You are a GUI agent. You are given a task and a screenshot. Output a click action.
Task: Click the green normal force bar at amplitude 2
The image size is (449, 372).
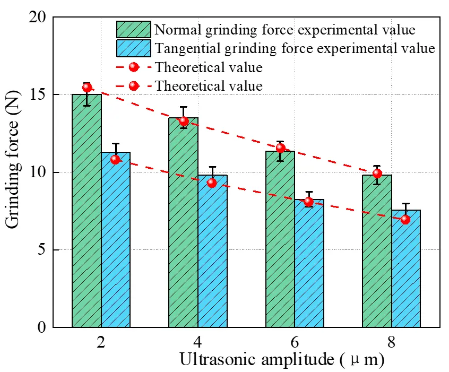click(x=87, y=212)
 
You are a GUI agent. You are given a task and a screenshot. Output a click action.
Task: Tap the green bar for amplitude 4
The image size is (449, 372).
click(x=183, y=223)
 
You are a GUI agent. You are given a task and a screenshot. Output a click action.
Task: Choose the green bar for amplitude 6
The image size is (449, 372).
click(x=280, y=239)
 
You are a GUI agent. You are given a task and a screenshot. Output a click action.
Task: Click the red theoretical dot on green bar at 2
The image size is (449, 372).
click(x=87, y=88)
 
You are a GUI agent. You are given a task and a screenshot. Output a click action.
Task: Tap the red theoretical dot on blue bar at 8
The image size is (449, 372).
click(x=405, y=219)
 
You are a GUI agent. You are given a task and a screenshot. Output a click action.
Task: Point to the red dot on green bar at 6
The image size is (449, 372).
click(x=281, y=148)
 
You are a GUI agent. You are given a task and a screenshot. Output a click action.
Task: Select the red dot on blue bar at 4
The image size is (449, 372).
click(x=212, y=183)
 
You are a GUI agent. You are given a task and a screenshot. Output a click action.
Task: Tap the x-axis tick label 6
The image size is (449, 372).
click(x=295, y=342)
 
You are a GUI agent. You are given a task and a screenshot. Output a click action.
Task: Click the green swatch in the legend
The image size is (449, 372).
click(x=134, y=30)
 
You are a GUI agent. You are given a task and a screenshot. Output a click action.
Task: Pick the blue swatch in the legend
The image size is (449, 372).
click(x=134, y=48)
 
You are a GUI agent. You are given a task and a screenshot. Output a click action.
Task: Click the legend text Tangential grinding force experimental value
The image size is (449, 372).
click(x=295, y=49)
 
